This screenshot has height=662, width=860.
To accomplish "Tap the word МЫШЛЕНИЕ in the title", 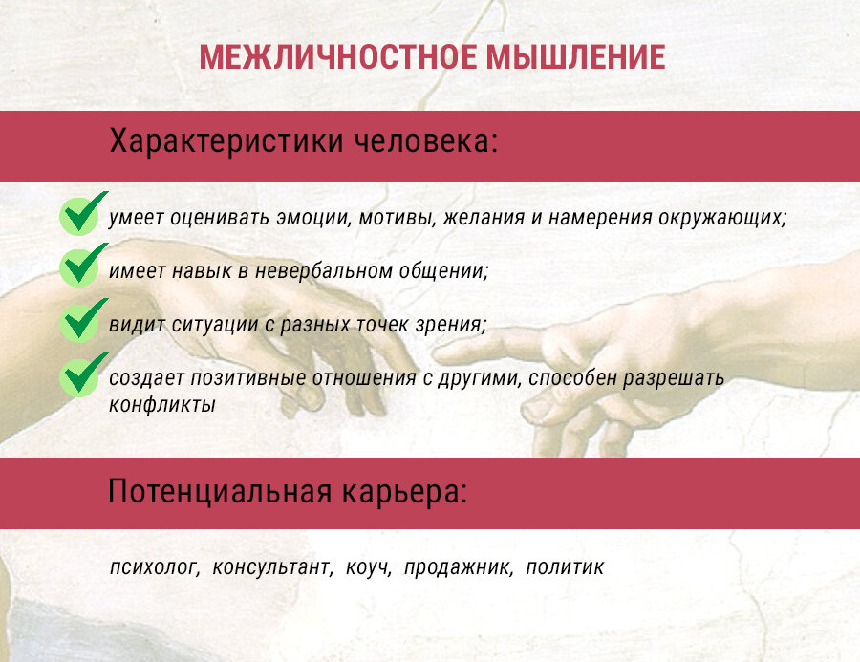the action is [576, 57].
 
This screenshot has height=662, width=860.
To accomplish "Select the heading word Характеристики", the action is [226, 141].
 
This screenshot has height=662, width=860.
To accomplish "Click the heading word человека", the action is [425, 141].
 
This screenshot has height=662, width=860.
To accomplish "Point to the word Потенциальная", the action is [220, 491].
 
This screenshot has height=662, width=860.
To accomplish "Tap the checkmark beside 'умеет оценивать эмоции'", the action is [83, 213].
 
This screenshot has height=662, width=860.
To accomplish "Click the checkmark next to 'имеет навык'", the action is [83, 266].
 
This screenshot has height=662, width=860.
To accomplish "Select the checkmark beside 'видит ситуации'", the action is [83, 321].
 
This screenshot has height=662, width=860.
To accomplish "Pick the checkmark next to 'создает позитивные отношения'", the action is [83, 374].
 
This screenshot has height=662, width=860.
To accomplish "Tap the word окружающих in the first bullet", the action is [721, 219].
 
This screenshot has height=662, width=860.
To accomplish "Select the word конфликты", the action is [161, 405].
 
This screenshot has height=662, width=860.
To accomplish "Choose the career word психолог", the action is [155, 567].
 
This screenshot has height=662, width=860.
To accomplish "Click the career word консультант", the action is [272, 567].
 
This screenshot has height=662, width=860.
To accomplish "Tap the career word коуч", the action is [368, 567].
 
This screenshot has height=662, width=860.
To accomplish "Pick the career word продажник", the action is [458, 567].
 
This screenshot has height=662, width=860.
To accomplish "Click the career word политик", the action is [565, 567].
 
